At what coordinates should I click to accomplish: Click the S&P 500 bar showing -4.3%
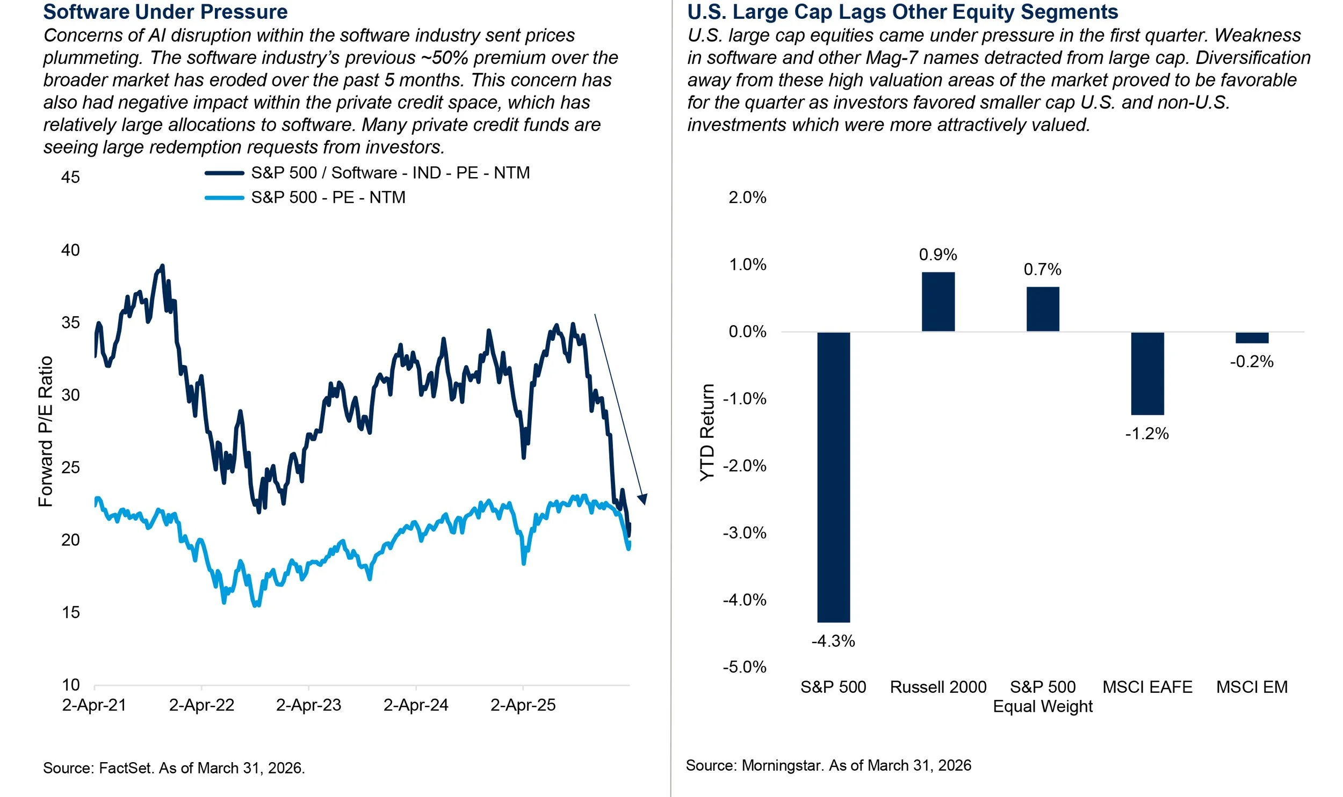tap(833, 477)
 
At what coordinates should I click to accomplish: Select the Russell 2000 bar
tap(938, 302)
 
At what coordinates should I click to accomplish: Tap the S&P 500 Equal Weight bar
tap(1043, 309)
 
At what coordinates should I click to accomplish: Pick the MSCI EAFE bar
tap(1147, 373)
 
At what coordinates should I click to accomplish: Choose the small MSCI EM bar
tap(1252, 338)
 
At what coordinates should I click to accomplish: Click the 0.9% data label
tap(938, 254)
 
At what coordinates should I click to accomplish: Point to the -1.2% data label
tap(1147, 434)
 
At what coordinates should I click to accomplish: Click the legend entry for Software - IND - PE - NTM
tap(390, 173)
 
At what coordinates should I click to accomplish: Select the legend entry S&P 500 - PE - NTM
tap(328, 198)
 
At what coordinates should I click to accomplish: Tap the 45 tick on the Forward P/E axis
tap(70, 177)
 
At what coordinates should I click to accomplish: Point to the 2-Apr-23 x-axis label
tap(308, 705)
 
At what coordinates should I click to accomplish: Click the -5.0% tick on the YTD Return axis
tap(745, 667)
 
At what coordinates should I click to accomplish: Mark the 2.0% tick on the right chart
tap(747, 198)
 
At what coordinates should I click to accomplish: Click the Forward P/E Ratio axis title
tap(46, 432)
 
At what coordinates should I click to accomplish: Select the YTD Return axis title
tap(707, 433)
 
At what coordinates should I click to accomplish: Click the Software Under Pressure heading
tap(165, 12)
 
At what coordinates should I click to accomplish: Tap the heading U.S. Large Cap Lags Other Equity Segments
tap(902, 12)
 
